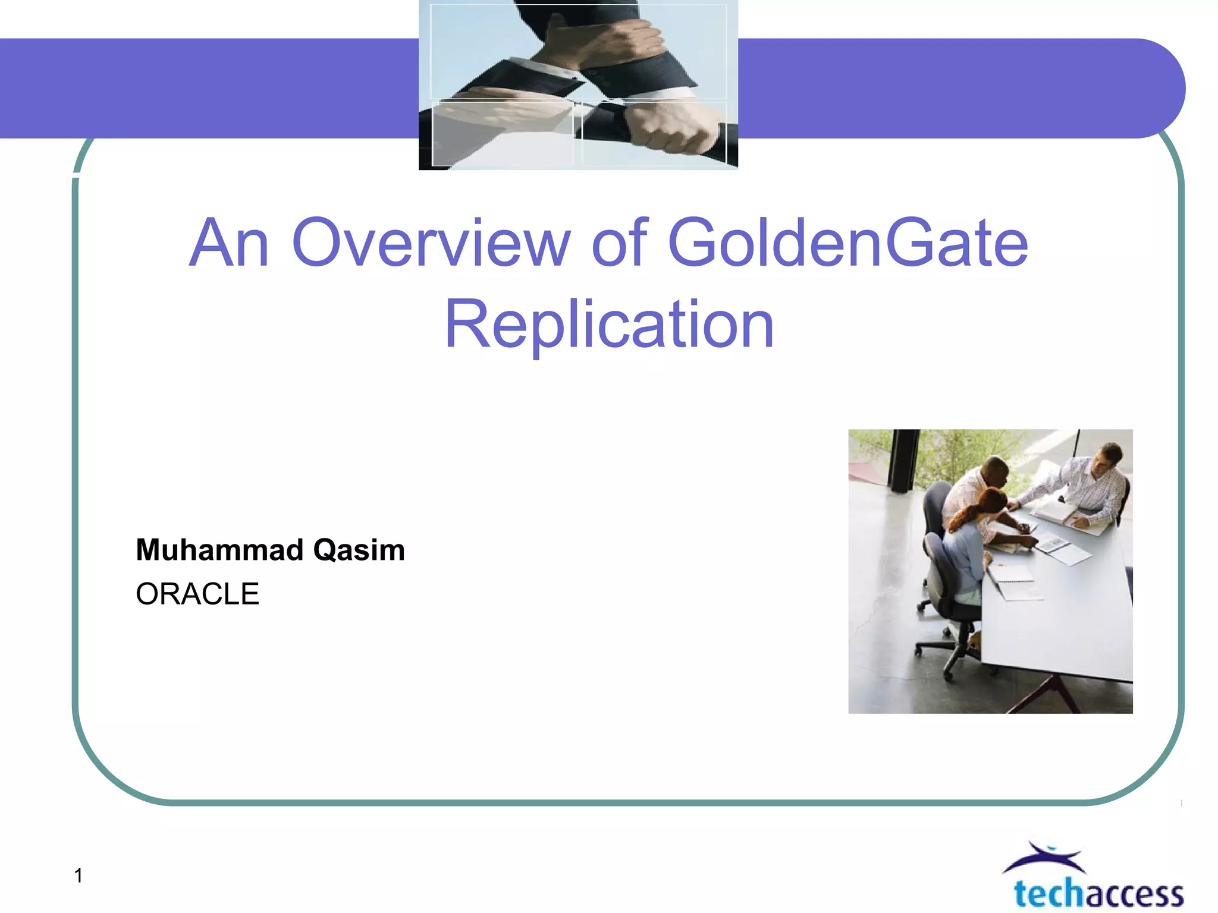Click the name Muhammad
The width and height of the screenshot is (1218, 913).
219,550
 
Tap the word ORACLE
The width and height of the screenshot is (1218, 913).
197,594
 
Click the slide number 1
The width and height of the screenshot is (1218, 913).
78,876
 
